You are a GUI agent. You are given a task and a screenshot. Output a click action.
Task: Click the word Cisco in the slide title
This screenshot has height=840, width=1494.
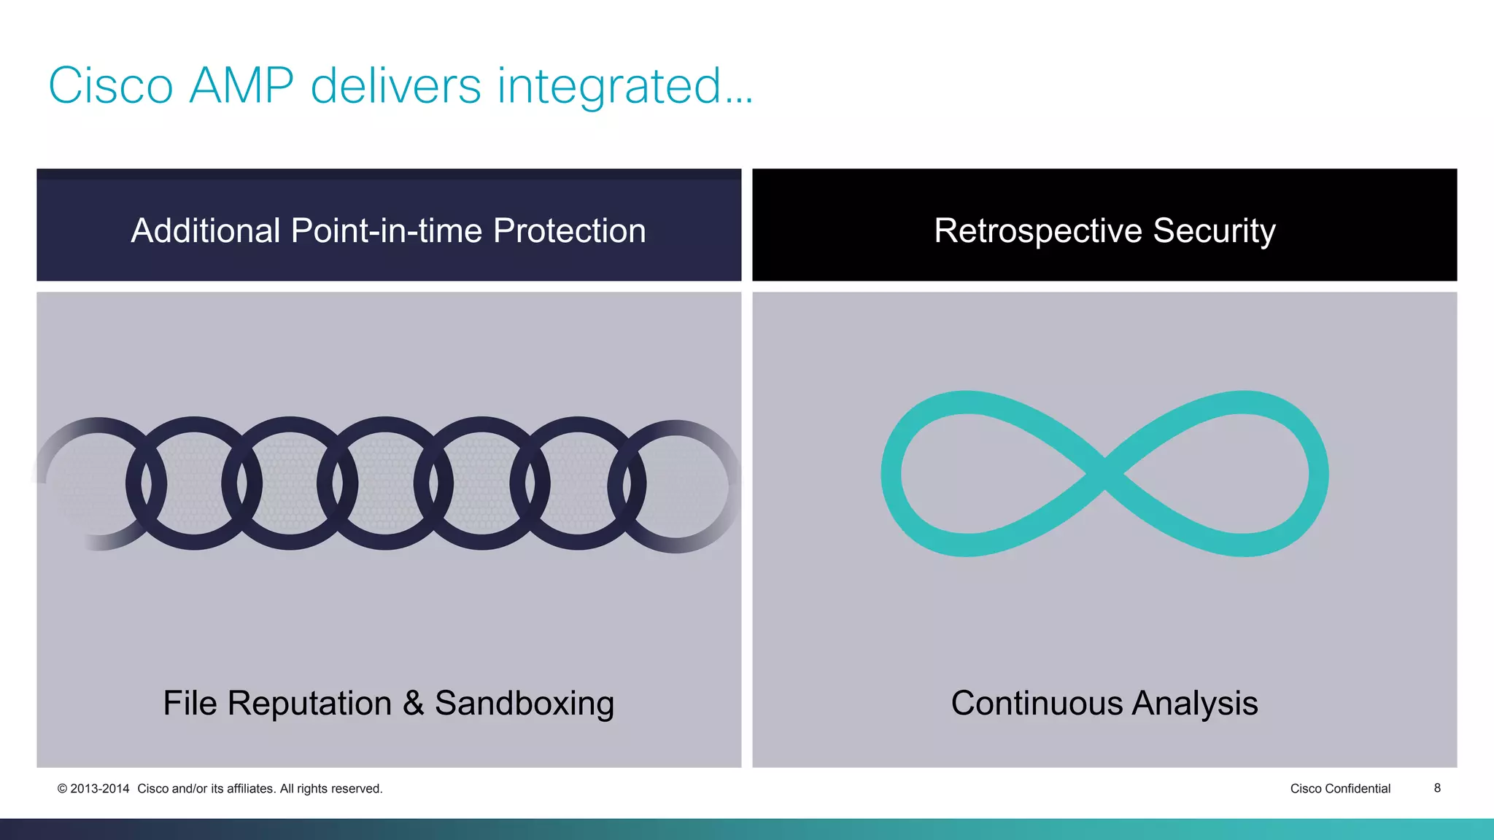click(x=111, y=86)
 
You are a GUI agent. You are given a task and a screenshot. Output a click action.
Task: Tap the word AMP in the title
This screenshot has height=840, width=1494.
click(x=241, y=86)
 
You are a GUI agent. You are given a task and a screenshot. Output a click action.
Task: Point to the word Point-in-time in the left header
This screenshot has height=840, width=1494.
click(x=387, y=230)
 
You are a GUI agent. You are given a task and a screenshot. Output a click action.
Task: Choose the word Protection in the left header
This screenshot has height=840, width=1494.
click(x=569, y=230)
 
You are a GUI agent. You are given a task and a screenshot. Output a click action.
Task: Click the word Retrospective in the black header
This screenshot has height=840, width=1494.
click(x=1037, y=230)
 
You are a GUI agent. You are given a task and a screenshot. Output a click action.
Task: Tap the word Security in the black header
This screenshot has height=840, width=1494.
click(x=1214, y=230)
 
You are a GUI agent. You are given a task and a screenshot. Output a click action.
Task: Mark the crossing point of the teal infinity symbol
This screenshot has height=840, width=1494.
click(x=1105, y=474)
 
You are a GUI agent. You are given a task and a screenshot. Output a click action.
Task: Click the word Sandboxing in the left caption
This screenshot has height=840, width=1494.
click(x=525, y=704)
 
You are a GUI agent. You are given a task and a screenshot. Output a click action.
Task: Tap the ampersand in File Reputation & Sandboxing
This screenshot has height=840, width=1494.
click(x=413, y=704)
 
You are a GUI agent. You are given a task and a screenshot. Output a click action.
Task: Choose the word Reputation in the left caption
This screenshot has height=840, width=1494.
click(x=309, y=704)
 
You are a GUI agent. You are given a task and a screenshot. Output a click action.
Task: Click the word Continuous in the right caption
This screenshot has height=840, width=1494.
click(x=1037, y=704)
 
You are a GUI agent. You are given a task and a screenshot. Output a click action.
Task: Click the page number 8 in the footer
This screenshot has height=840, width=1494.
click(x=1437, y=787)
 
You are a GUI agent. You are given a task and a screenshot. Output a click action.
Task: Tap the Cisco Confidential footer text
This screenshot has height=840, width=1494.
click(x=1340, y=788)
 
